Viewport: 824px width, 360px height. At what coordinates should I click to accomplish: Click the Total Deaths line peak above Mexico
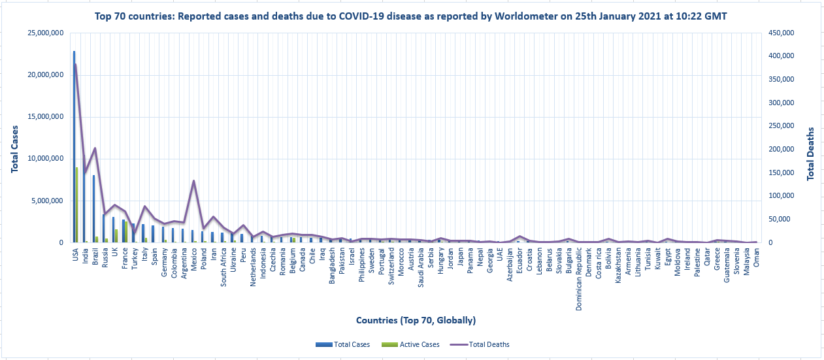point(193,181)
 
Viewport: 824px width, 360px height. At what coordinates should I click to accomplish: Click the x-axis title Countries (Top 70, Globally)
point(416,320)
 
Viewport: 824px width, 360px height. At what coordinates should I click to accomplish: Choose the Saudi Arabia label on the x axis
point(421,267)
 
